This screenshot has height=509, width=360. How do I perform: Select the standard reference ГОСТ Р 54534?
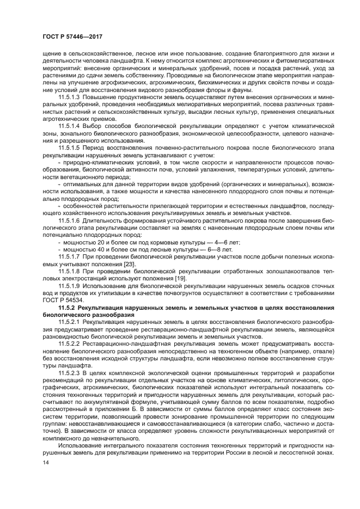[62, 300]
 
